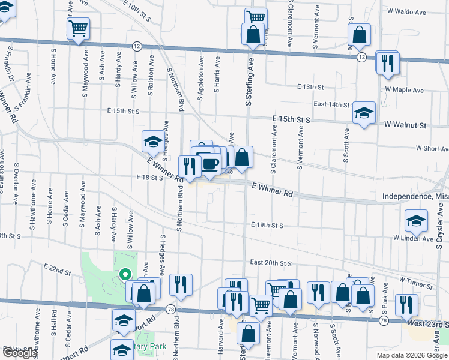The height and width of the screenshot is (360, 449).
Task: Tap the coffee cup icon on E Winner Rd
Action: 210,164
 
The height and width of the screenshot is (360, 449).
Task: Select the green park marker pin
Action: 125,275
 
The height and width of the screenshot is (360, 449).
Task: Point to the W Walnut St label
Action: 405,126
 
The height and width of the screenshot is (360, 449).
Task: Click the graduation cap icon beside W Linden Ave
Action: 416,221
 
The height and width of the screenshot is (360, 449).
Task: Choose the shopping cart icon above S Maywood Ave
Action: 78,28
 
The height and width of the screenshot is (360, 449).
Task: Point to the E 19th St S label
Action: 267,225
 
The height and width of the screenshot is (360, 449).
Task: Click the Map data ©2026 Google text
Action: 412,355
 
